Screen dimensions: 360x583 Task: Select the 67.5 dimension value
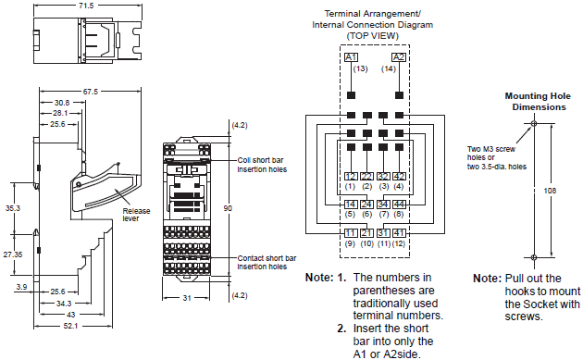click(x=90, y=92)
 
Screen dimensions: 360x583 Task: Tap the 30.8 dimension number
click(x=62, y=102)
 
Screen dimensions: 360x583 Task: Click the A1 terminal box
click(x=351, y=57)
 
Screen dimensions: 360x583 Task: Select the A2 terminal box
click(x=398, y=57)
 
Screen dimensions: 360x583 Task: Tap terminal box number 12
click(x=351, y=176)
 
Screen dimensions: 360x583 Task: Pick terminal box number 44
click(x=398, y=204)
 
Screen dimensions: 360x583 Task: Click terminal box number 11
click(x=351, y=232)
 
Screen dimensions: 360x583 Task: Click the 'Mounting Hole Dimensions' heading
click(x=535, y=101)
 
